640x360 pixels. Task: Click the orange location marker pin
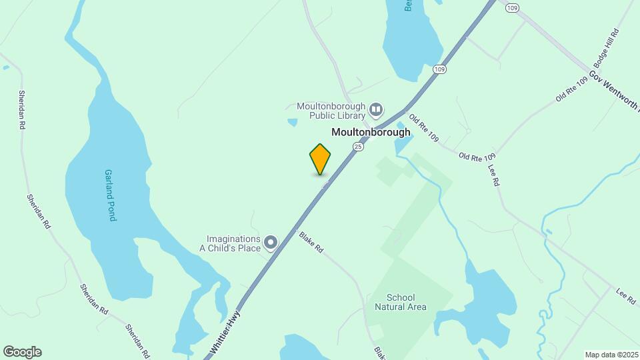click(x=320, y=159)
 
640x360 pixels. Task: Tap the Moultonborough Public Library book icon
click(x=377, y=109)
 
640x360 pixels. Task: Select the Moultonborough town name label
click(x=371, y=132)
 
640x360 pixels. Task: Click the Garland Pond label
click(x=110, y=195)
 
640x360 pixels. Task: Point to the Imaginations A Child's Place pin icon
click(x=270, y=243)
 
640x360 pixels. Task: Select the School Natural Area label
click(x=401, y=302)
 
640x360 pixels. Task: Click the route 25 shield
click(x=359, y=147)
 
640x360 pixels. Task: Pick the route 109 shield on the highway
click(x=439, y=69)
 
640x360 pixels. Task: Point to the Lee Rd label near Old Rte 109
click(x=494, y=175)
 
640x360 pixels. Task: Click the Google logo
click(x=22, y=352)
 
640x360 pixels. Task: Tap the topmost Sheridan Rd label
click(x=22, y=109)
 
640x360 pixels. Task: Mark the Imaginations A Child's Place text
click(x=233, y=243)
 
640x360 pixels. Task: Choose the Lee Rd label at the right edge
click(x=626, y=297)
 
